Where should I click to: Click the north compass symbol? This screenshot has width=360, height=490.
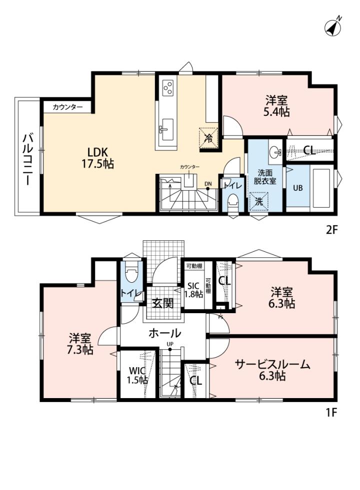click(332, 26)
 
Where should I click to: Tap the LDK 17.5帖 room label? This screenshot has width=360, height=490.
click(97, 158)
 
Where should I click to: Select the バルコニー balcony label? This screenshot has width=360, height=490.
click(27, 159)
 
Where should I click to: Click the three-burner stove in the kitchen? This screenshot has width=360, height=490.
click(167, 87)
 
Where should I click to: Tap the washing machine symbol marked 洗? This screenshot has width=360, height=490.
click(258, 201)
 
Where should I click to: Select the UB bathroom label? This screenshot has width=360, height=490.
click(298, 188)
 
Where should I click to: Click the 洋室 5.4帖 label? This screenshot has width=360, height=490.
click(276, 106)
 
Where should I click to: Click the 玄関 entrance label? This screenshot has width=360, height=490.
click(162, 303)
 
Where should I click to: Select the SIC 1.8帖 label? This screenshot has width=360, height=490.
click(194, 290)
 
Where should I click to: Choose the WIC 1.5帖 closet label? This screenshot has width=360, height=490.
click(137, 375)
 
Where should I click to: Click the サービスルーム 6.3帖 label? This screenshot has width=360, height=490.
click(272, 370)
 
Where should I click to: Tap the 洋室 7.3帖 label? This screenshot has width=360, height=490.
click(80, 344)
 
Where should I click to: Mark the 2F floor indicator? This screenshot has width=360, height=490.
click(332, 230)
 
